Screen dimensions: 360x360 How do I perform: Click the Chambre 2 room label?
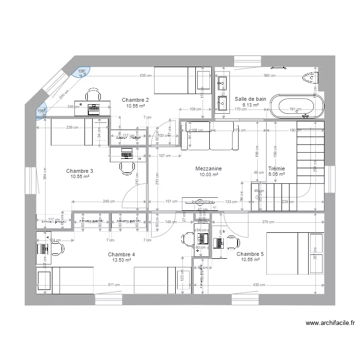(x=135, y=100)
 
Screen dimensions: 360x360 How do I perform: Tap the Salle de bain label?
(x=250, y=99)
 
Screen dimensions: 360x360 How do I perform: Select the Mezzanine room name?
(x=208, y=169)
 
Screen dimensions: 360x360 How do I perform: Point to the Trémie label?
(x=277, y=169)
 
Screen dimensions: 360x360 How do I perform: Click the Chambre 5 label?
(x=250, y=254)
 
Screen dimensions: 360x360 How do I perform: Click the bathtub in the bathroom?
(x=296, y=106)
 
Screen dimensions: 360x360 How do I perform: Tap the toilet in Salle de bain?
(x=312, y=77)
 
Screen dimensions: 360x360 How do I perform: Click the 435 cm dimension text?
(x=146, y=76)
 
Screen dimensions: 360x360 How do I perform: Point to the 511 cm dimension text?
(x=113, y=285)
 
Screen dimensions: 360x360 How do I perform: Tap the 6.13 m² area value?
(x=250, y=105)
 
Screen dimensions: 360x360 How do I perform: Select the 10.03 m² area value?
(x=208, y=175)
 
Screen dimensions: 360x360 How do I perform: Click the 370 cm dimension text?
(x=268, y=222)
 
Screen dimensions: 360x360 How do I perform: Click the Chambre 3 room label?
(x=80, y=171)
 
